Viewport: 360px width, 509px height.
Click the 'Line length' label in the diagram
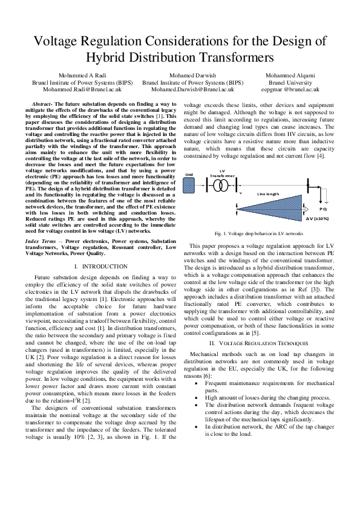pyautogui.click(x=269, y=193)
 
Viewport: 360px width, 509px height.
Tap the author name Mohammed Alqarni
pyautogui.click(x=293, y=76)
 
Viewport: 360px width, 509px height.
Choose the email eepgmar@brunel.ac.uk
pyautogui.click(x=293, y=89)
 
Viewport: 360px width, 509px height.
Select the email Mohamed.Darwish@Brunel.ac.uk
pyautogui.click(x=192, y=89)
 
